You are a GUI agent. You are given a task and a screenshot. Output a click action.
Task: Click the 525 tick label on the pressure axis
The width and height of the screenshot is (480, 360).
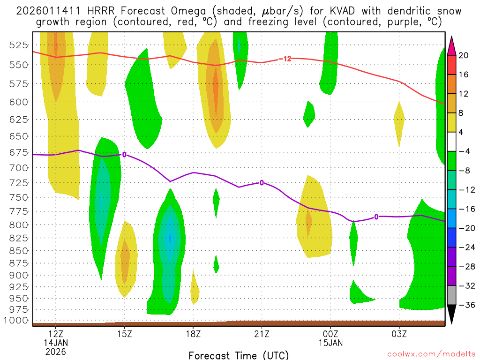(x=18, y=45)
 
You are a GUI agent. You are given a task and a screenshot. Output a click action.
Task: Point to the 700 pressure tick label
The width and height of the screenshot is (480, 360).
(x=18, y=167)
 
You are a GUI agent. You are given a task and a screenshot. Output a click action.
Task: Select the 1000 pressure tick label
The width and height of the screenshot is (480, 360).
(x=16, y=321)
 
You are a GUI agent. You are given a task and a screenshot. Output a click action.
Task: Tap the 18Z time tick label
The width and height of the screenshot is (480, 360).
(x=193, y=334)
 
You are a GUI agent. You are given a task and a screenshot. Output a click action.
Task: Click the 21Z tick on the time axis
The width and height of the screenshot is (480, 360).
(x=262, y=334)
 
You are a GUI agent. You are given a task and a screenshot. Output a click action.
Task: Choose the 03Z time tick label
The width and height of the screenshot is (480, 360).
(x=399, y=334)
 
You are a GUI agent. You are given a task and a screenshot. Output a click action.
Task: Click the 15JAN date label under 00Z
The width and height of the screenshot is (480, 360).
(x=330, y=343)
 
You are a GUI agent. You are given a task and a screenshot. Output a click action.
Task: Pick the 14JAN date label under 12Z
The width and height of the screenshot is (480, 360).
(x=55, y=343)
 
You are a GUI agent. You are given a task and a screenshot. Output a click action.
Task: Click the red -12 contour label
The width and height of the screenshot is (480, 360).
(x=285, y=59)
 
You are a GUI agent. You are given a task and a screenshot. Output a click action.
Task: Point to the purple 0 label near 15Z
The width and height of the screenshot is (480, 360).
(x=124, y=154)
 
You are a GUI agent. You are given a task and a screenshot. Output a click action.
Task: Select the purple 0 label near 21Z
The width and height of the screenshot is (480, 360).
(x=262, y=182)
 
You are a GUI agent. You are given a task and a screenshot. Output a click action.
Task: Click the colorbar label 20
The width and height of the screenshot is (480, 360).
(x=464, y=55)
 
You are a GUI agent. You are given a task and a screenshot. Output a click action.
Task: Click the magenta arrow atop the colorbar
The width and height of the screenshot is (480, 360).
(x=452, y=45)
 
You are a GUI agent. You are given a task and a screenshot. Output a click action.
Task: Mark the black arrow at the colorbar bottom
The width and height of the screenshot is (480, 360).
(x=452, y=315)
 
